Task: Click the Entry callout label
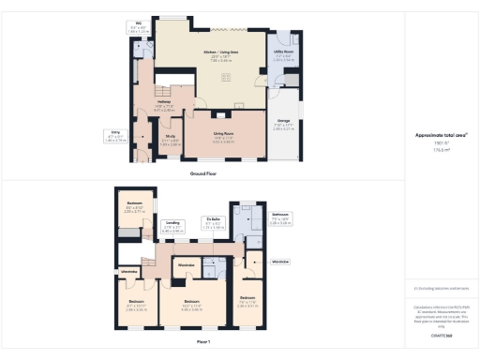pyautogui.click(x=114, y=136)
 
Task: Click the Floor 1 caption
pyautogui.click(x=202, y=342)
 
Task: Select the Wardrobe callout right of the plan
pyautogui.click(x=280, y=262)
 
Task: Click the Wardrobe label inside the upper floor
pyautogui.click(x=186, y=265)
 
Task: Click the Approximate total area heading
pyautogui.click(x=442, y=135)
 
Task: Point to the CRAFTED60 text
pyautogui.click(x=442, y=334)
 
